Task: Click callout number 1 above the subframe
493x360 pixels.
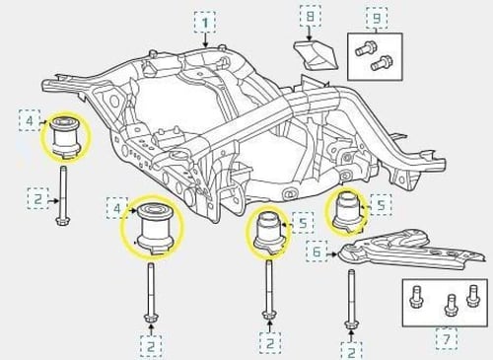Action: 205,23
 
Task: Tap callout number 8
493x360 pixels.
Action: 310,16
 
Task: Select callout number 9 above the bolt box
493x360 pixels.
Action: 377,18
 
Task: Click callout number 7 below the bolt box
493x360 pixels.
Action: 447,338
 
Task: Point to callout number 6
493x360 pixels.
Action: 317,252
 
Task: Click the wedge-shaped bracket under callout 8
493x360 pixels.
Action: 316,55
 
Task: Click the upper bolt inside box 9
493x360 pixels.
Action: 364,48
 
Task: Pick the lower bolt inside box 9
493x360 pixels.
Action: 380,63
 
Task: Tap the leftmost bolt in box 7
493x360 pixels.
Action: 416,297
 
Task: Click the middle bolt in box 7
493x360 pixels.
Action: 451,305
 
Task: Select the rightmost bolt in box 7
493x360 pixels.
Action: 472,296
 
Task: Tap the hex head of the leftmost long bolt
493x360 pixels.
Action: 63,221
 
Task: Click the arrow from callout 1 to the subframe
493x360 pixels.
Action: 205,40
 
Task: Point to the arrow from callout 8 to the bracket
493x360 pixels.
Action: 310,34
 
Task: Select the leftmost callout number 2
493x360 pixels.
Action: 37,199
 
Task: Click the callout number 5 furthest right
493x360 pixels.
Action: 382,205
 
